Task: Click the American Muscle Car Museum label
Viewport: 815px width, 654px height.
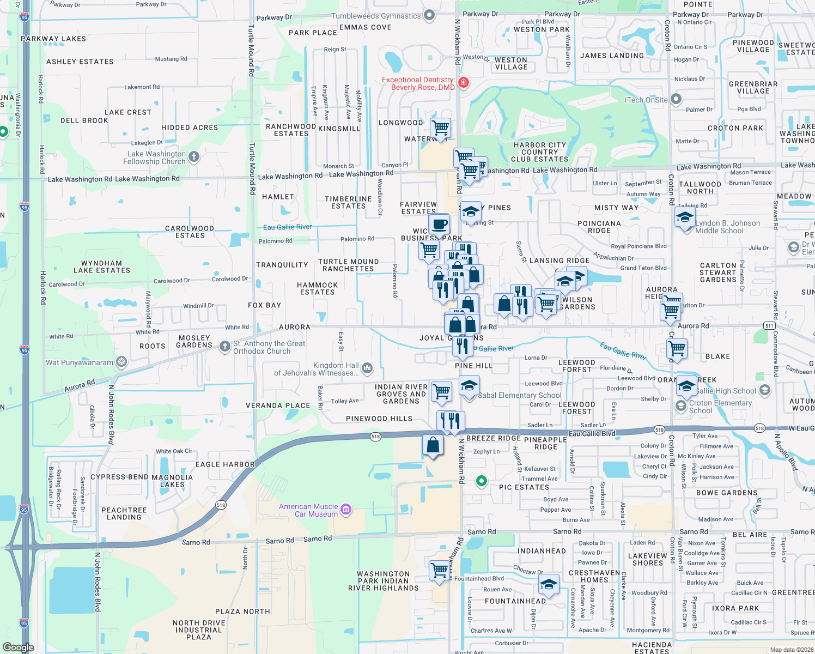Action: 308,510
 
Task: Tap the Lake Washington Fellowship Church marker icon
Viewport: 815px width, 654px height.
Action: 193,158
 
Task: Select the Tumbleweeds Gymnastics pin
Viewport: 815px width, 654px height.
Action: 429,15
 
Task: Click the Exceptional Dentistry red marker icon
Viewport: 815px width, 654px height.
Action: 463,83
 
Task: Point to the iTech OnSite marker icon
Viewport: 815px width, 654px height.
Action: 676,99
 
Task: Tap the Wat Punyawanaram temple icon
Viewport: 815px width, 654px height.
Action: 121,362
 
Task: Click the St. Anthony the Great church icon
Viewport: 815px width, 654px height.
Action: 224,347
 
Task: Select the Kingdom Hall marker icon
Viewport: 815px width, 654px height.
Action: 367,369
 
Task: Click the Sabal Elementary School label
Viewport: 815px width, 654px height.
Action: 519,395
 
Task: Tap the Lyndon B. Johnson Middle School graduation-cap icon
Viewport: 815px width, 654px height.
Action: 685,217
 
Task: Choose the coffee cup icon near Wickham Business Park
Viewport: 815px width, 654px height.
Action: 439,224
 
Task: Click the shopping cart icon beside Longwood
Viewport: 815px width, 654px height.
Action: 440,129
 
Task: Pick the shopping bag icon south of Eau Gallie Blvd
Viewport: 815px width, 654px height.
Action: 433,445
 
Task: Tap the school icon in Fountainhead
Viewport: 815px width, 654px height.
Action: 549,584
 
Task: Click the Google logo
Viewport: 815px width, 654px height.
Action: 18,647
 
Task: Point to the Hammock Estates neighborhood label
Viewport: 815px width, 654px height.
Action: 318,288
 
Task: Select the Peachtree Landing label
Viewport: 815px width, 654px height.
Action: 124,513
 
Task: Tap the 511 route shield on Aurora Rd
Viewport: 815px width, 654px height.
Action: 769,325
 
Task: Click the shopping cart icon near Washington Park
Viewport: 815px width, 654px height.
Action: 439,571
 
